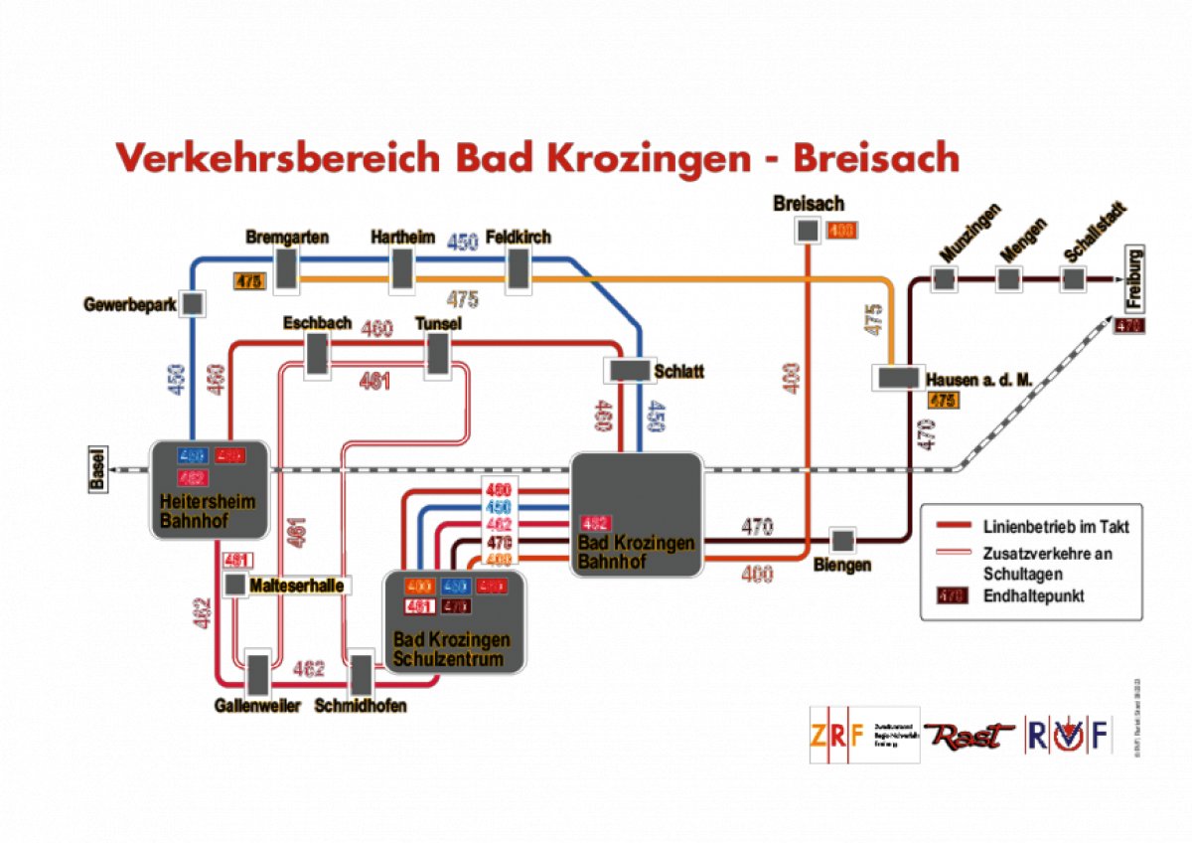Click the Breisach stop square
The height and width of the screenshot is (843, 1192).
coord(808,231)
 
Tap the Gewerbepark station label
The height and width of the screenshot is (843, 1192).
coord(130,305)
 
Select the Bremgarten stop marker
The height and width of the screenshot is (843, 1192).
coord(287,269)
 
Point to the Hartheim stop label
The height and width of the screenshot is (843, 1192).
coord(402,238)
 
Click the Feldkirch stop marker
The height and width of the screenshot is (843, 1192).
coord(518,269)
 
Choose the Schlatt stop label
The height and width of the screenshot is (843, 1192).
coord(679,372)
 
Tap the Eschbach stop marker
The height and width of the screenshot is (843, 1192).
coord(317,354)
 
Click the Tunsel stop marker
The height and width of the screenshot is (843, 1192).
coord(438,354)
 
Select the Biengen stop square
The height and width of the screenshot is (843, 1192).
coord(842,541)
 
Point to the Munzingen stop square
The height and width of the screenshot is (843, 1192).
coord(944,279)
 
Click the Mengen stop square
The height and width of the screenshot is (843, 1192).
coord(1010,279)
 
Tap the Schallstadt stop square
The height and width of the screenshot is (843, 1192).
coord(1072,279)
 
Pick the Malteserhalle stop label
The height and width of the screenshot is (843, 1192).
coord(297,587)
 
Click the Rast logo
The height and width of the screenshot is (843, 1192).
coord(969,736)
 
